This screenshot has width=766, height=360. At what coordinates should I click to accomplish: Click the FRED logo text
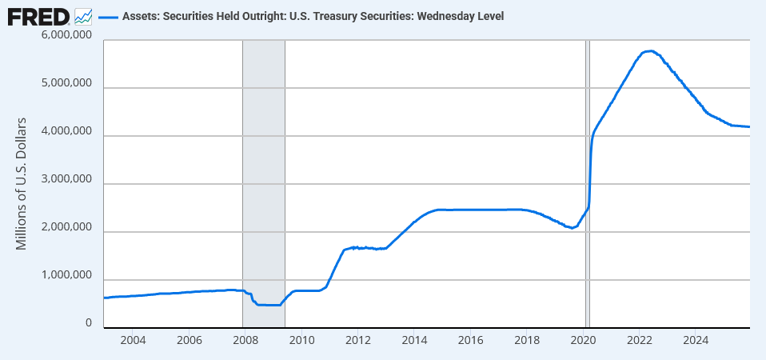(x=38, y=15)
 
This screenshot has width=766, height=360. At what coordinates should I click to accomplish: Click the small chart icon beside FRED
(x=83, y=15)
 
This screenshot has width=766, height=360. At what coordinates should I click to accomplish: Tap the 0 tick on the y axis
(x=87, y=324)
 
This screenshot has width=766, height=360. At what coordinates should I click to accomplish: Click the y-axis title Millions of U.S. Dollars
(x=22, y=183)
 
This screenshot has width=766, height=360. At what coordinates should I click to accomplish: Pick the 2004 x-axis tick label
(x=133, y=339)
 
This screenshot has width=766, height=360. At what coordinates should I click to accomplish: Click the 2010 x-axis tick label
(x=301, y=339)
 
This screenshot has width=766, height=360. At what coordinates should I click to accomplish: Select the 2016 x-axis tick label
(x=470, y=339)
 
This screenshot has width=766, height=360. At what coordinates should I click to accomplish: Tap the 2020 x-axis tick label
(x=583, y=339)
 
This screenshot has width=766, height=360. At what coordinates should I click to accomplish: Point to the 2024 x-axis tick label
(x=696, y=339)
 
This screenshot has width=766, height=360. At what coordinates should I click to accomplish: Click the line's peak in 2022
(x=650, y=51)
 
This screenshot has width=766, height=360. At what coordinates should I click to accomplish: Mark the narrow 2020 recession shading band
(x=587, y=184)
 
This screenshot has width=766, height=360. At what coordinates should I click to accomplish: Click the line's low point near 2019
(x=570, y=228)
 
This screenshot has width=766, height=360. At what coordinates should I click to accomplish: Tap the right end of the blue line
(x=748, y=126)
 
